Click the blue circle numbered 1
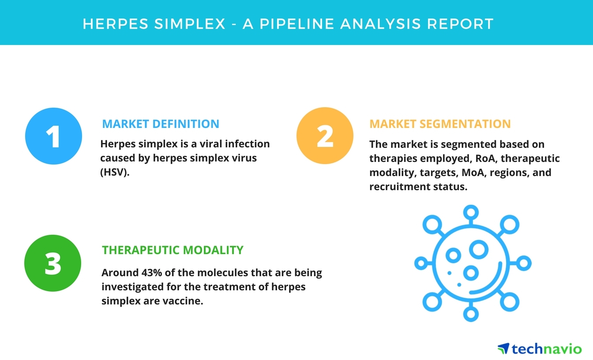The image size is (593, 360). pos(53,136)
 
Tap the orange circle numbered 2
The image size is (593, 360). pos(325,136)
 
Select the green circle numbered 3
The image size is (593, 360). pos(53,263)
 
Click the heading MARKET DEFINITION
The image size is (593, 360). pos(161,124)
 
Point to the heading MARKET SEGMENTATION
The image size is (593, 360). pos(440,124)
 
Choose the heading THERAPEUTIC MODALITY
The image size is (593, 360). pos(173,250)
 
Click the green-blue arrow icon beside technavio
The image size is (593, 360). pos(503,349)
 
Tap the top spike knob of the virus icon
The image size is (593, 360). pos(471,211)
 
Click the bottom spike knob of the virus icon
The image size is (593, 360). pos(471,315)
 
